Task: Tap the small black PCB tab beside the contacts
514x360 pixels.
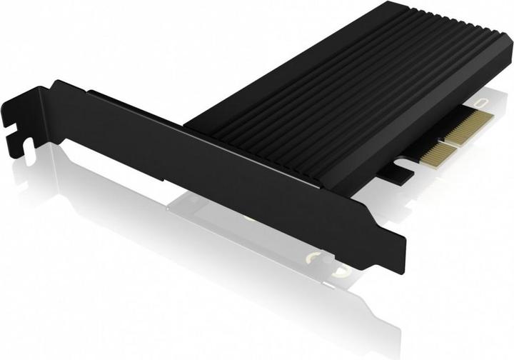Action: click(x=400, y=171)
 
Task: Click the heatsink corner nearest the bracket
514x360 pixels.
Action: click(x=187, y=123)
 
